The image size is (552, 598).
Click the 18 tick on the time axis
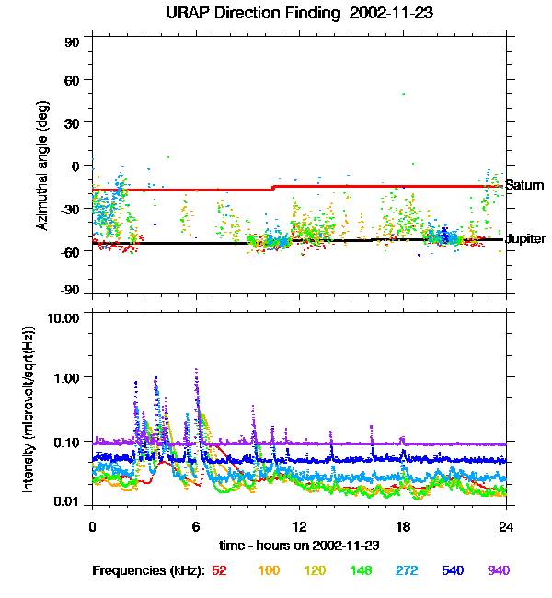click(402, 526)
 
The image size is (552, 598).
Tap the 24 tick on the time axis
click(505, 526)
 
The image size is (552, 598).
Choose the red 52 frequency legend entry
click(219, 570)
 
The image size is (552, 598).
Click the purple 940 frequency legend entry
click(498, 570)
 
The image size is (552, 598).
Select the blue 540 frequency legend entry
click(451, 570)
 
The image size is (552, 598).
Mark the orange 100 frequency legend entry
click(269, 570)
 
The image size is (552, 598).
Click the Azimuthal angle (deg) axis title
click(42, 167)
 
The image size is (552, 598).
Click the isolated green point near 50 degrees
click(403, 93)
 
